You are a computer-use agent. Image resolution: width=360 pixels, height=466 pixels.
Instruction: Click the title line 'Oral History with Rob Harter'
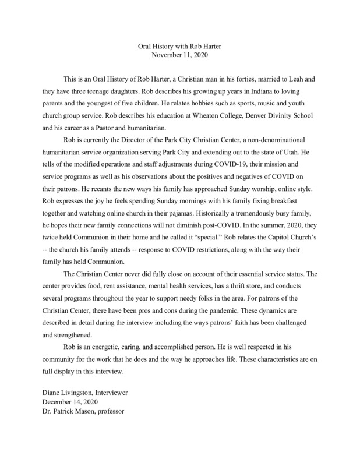pos(179,46)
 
